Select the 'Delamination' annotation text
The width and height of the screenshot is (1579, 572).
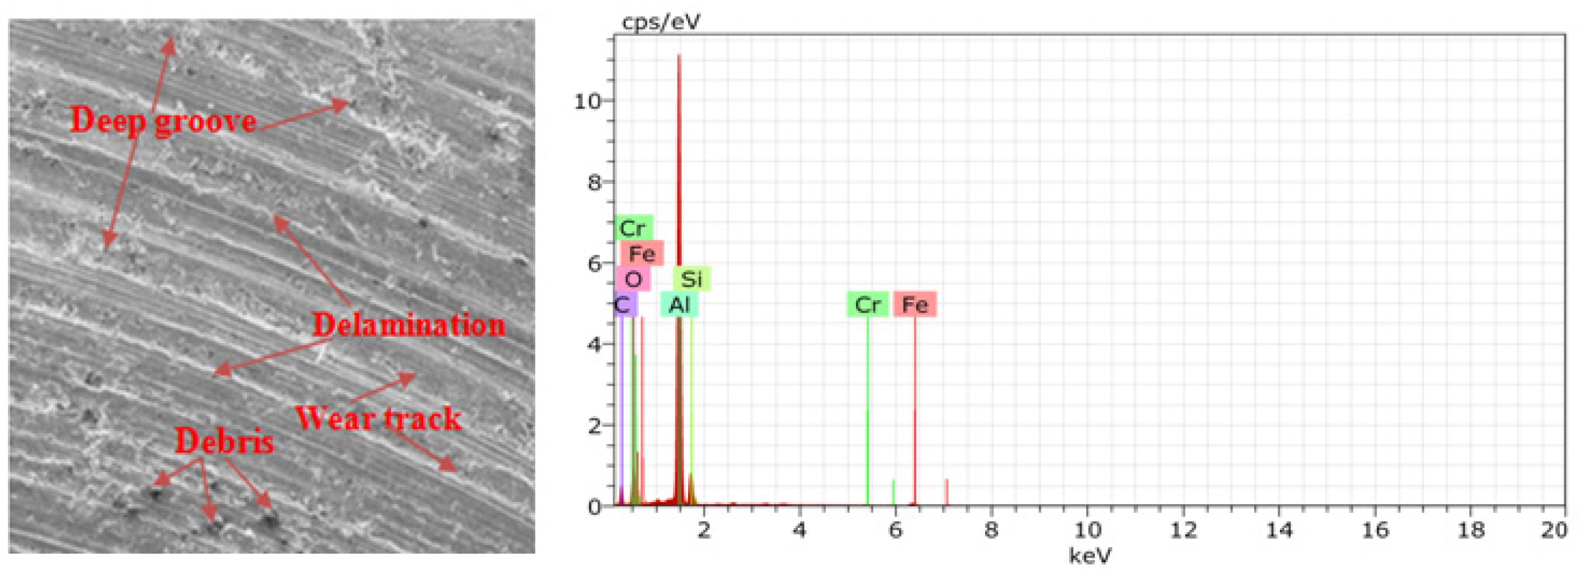pos(409,325)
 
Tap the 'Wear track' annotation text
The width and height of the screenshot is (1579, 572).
pos(378,418)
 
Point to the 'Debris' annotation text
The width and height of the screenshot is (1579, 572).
pos(224,441)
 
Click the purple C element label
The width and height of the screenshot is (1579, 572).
pos(623,305)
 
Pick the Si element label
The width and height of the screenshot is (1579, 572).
pos(692,279)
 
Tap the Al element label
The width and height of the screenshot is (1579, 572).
pos(679,305)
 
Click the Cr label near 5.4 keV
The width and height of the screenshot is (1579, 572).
pos(867,305)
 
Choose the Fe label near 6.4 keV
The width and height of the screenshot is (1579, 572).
pos(915,305)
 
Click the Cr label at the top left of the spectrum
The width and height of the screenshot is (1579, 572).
pos(632,229)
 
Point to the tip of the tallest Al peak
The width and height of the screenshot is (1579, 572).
pos(679,56)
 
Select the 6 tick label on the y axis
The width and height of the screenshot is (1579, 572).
pos(592,264)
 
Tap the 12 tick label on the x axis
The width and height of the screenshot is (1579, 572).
pos(1183,529)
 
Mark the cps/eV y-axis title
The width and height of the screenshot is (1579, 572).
pos(660,23)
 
